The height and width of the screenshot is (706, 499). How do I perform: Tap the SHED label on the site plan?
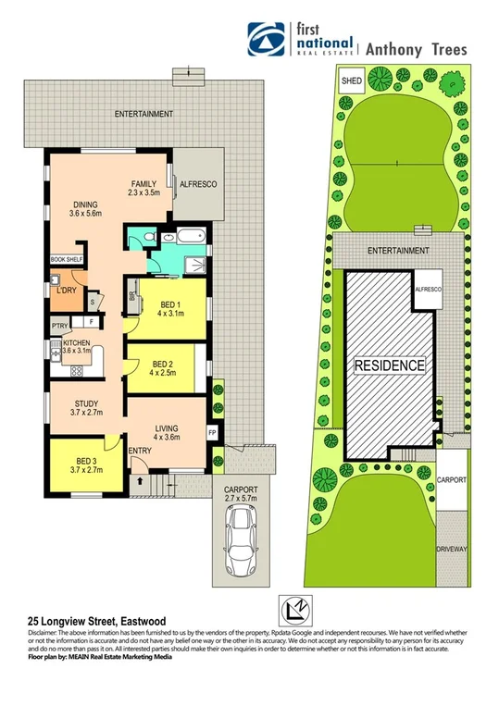click(352, 81)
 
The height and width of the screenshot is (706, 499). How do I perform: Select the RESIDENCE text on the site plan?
click(390, 365)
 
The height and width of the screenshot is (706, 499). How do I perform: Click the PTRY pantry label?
click(61, 325)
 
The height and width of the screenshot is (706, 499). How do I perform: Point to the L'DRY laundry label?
click(66, 291)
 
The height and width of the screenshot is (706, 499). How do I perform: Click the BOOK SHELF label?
click(66, 260)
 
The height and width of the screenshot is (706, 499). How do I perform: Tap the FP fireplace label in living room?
click(211, 432)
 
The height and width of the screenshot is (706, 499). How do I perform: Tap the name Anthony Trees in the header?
click(418, 49)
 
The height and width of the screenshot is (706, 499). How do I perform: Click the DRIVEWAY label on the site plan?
click(453, 548)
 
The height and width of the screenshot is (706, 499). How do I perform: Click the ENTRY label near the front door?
click(141, 451)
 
